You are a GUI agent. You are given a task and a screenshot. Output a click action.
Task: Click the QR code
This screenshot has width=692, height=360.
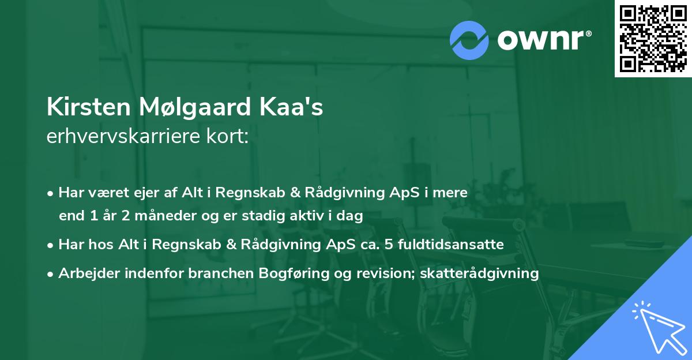pyautogui.click(x=653, y=38)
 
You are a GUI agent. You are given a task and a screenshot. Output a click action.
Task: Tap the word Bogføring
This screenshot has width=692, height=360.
pyautogui.click(x=281, y=273)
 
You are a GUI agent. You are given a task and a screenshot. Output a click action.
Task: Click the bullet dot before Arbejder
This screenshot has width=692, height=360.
pyautogui.click(x=51, y=273)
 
